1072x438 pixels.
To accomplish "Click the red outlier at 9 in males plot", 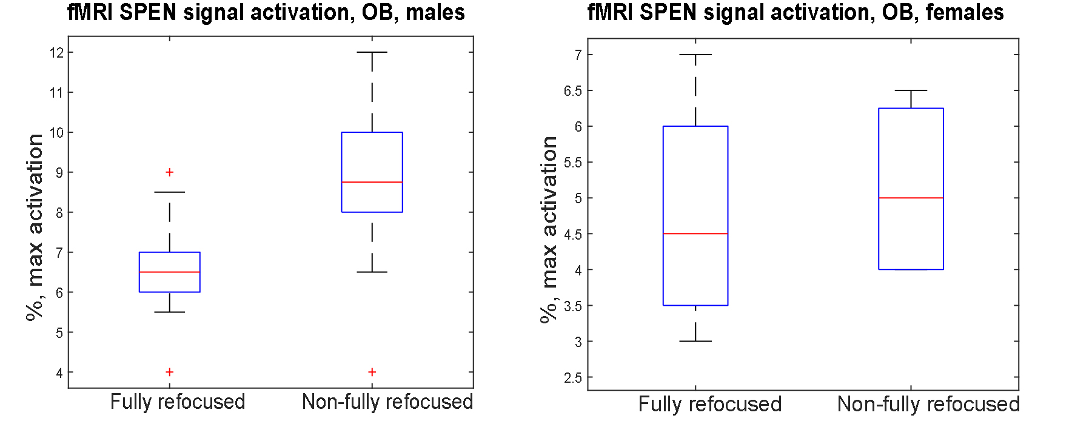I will [x=170, y=172].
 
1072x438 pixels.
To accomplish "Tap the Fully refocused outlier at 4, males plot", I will [x=170, y=372].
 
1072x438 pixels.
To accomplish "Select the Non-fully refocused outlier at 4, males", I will [x=372, y=372].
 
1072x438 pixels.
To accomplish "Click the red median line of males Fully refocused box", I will [x=170, y=272].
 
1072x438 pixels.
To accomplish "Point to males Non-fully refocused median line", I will [x=372, y=182].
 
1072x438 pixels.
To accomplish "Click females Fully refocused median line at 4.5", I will [x=695, y=234].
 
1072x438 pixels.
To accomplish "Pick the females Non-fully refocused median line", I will [x=911, y=198].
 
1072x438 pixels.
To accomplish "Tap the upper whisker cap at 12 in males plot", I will [x=372, y=52].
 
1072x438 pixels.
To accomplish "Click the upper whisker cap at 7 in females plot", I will [x=695, y=55].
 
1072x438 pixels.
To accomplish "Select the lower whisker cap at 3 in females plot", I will [x=695, y=341].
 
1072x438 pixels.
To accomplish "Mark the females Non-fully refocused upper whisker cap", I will [x=911, y=90].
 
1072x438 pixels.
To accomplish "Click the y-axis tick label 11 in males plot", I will [x=56, y=93].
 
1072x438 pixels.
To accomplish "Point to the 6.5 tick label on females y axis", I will [x=572, y=91].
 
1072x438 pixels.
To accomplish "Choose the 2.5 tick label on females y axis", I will [x=572, y=378].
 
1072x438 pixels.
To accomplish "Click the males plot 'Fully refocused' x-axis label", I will [x=178, y=402].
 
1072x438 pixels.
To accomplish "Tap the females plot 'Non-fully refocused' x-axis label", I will [x=928, y=405].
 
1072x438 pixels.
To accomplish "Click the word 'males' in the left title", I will [x=435, y=13].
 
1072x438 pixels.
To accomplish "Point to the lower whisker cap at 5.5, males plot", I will [x=170, y=312].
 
